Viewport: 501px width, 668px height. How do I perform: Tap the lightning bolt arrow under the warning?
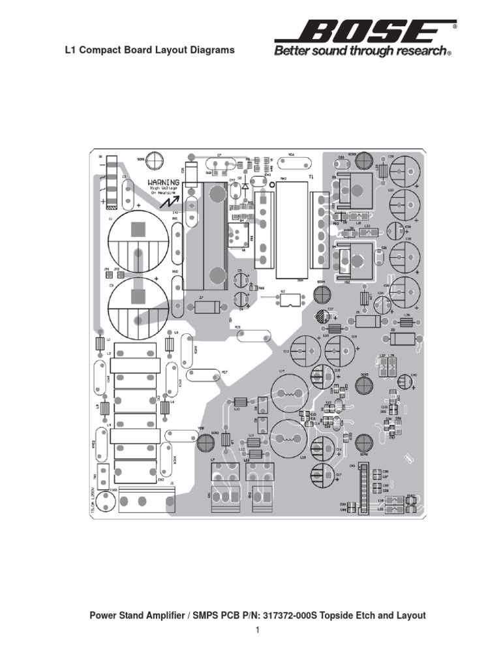coord(160,202)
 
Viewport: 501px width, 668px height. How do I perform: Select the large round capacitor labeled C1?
coord(138,230)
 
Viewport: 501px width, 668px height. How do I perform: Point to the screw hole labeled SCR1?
coord(155,159)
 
